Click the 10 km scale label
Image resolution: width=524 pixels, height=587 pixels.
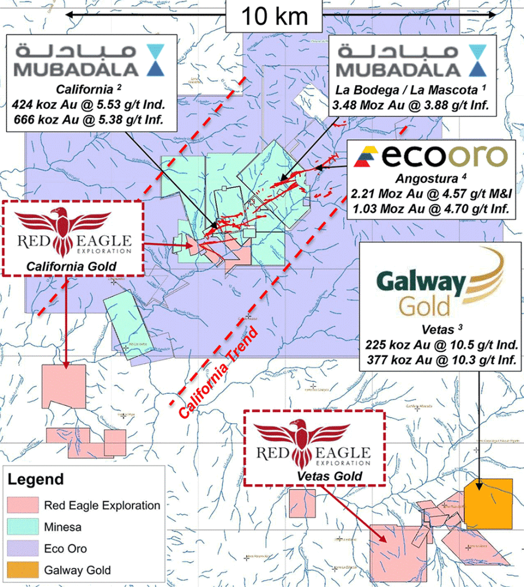point(274,15)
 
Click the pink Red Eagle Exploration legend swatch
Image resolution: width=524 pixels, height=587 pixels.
point(24,505)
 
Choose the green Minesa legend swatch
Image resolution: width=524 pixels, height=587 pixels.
point(24,527)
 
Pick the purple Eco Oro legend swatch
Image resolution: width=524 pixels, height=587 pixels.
point(24,549)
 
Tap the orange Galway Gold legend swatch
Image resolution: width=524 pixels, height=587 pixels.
point(24,570)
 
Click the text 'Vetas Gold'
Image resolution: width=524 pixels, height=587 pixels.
point(313,476)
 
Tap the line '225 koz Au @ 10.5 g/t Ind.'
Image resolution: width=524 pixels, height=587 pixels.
point(440,346)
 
